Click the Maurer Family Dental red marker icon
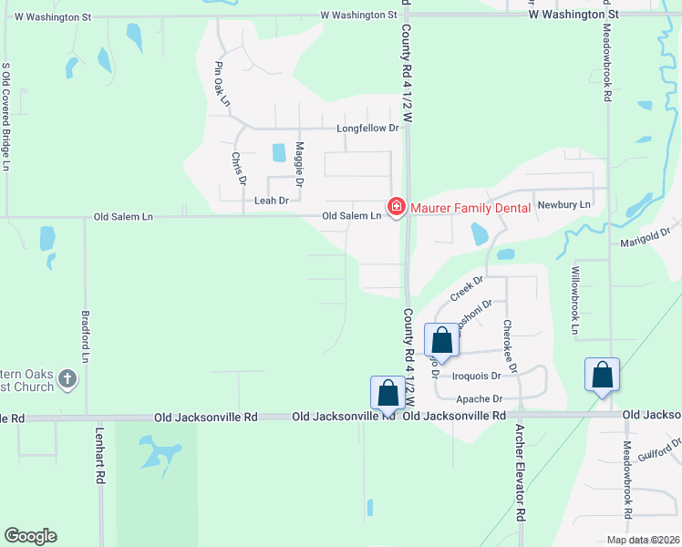tap(396, 208)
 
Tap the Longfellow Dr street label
tap(368, 129)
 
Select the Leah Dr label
tap(272, 201)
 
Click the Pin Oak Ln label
tap(222, 84)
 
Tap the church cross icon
tap(67, 378)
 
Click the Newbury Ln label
tap(563, 205)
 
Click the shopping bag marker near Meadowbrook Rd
tap(602, 375)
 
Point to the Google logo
tap(30, 536)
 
